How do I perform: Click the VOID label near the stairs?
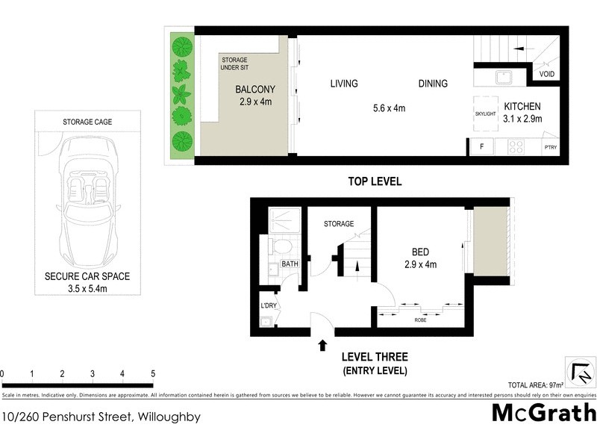pos(546,75)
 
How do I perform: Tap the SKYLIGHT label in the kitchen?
pos(485,113)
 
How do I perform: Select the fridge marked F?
pos(481,147)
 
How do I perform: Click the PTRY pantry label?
pos(551,148)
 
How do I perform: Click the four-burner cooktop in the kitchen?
pos(516,147)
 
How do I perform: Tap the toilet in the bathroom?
pos(282,246)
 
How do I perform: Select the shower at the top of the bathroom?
pos(283,218)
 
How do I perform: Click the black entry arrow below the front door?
pos(322,345)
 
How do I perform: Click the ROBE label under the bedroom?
pos(420,320)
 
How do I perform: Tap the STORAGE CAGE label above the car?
pos(87,121)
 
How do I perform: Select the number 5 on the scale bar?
pos(152,374)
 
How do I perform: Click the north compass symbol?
pos(580,373)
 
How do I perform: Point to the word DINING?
pos(433,84)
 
